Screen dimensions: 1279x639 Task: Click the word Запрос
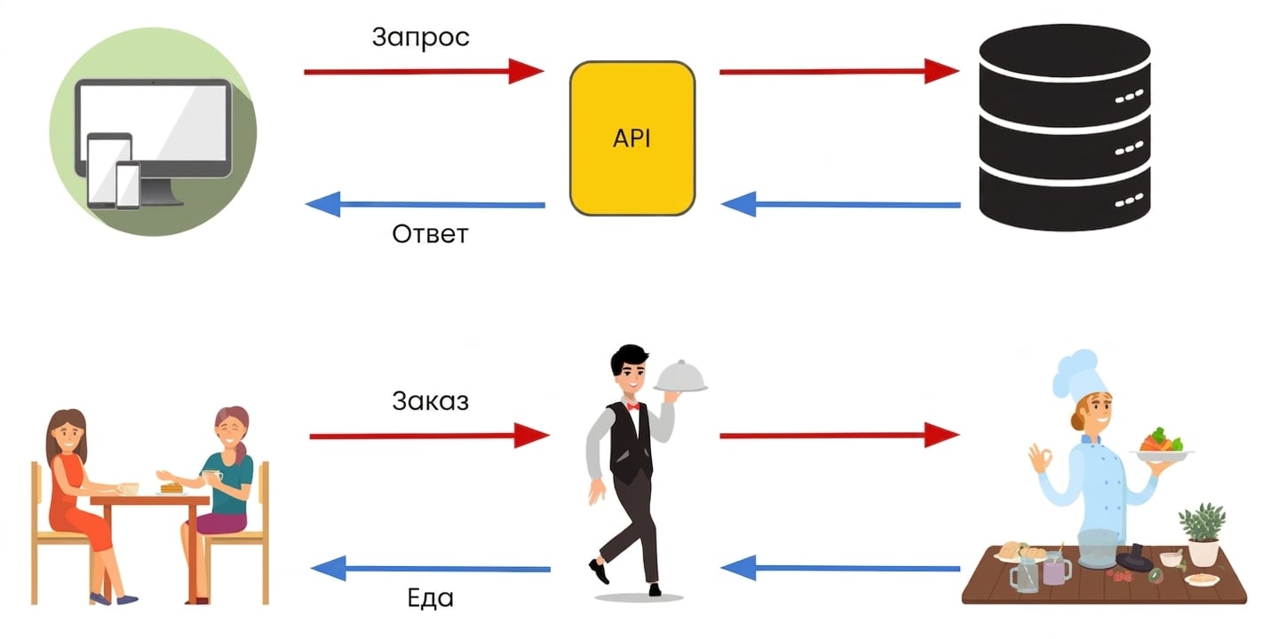[421, 38]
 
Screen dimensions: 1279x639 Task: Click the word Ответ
[430, 234]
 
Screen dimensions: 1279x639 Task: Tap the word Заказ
[431, 401]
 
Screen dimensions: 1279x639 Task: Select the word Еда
[431, 597]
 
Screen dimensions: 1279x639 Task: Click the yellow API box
[632, 138]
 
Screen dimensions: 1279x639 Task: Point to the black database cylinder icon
[1064, 127]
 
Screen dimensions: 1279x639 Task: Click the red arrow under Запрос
[424, 71]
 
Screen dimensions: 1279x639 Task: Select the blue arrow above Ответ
[425, 204]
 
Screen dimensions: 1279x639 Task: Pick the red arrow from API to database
[839, 71]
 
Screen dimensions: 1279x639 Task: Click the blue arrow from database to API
[840, 204]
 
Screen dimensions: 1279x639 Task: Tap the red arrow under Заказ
[429, 436]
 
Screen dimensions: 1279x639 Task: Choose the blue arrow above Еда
[431, 568]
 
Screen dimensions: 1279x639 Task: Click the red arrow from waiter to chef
[839, 435]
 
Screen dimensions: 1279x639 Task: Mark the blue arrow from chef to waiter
[840, 568]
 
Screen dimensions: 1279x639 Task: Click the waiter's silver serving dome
[680, 376]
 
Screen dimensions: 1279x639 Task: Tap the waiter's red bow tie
[632, 406]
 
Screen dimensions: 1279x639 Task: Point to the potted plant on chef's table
[1202, 533]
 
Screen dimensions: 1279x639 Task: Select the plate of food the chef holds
[1162, 446]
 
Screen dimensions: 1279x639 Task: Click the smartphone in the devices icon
[128, 185]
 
